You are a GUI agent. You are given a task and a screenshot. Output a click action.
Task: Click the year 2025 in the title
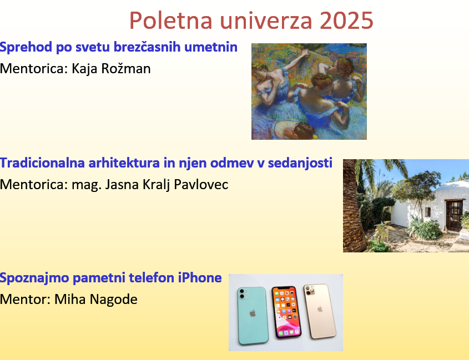click(346, 21)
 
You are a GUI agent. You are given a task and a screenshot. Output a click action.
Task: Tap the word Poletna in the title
click(171, 21)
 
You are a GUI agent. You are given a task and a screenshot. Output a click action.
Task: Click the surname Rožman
click(126, 68)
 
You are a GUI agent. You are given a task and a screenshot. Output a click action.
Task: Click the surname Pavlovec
click(201, 185)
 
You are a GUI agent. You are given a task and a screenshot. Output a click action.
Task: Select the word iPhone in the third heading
click(200, 278)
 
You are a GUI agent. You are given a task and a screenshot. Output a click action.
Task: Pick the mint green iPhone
click(253, 316)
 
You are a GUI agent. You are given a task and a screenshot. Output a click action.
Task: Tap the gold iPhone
click(320, 311)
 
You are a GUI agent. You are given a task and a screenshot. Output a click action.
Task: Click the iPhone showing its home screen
click(286, 312)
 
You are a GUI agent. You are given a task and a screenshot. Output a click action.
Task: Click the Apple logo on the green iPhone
click(253, 313)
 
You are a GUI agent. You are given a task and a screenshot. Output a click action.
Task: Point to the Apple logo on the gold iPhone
click(320, 309)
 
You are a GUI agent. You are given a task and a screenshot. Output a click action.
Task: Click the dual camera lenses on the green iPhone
click(241, 293)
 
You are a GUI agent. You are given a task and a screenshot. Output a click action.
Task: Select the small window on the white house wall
click(428, 212)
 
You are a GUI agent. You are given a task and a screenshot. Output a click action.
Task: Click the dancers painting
click(309, 92)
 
